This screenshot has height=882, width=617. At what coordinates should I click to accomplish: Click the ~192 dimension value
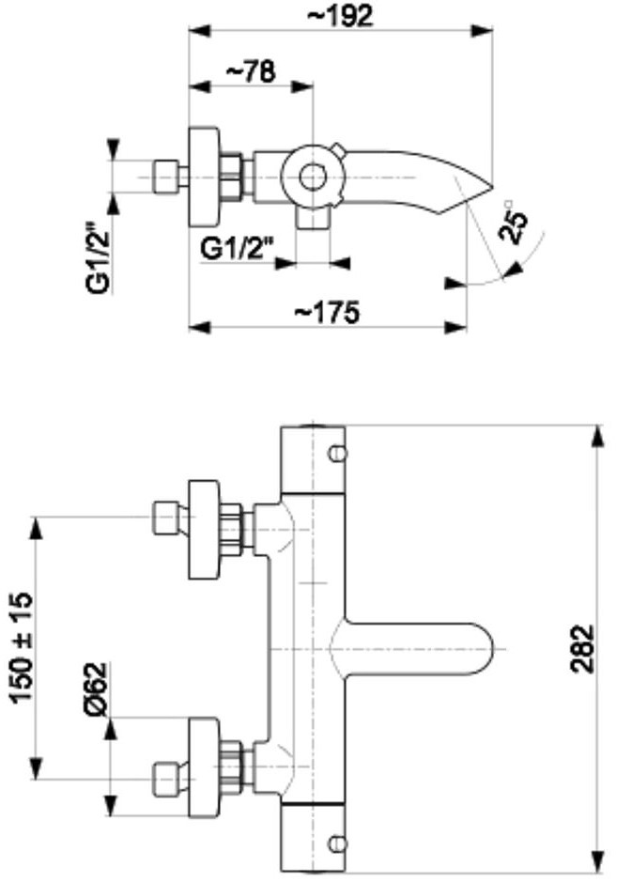[x=341, y=16]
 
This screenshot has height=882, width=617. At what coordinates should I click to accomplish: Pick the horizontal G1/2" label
[x=238, y=249]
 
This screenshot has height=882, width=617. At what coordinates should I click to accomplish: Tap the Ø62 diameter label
[x=98, y=690]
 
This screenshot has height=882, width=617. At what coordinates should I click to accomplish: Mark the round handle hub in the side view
[x=309, y=176]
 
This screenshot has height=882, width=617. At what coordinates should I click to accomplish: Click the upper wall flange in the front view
[x=204, y=531]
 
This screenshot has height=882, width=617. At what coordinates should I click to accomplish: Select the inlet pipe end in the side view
[x=166, y=176]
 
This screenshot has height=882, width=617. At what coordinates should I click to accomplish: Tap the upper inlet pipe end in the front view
[x=166, y=517]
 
